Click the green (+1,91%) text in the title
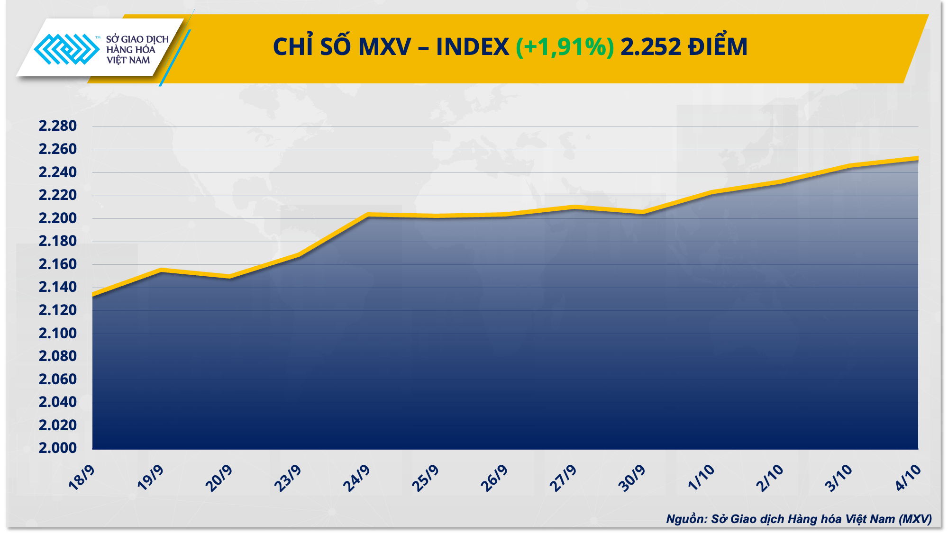(x=565, y=47)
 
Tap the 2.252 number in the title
(x=650, y=47)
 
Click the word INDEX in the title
(x=472, y=47)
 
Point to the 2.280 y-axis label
(x=57, y=126)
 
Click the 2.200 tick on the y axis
(x=57, y=218)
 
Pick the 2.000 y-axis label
(x=57, y=448)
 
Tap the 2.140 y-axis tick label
(x=57, y=287)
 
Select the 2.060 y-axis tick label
(x=57, y=379)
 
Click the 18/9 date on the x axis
(x=82, y=477)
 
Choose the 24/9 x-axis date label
(x=356, y=478)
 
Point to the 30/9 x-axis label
(x=632, y=478)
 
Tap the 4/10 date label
(x=908, y=477)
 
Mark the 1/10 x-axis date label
(x=701, y=477)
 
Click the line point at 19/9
(x=161, y=270)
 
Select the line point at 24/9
(x=368, y=215)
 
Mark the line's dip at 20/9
(x=230, y=277)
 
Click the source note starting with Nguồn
(x=799, y=519)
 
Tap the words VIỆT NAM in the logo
(x=128, y=60)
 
